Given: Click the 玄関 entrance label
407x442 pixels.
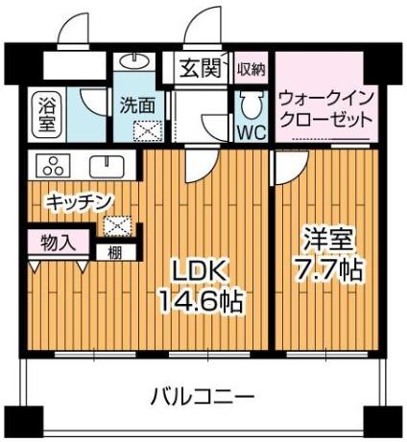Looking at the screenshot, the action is (201, 68).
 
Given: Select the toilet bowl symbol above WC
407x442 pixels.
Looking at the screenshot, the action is (251, 104).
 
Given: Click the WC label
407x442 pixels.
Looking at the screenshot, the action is (251, 131).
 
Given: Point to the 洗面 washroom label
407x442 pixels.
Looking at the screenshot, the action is (138, 105).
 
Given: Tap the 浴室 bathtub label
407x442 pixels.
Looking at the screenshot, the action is (47, 115).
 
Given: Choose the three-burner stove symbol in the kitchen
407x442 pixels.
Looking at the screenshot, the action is (53, 165).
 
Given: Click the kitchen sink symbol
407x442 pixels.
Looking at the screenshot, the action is (107, 166).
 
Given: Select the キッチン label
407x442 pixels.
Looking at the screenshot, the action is (79, 201).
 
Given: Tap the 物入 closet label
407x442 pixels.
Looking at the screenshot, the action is (59, 244).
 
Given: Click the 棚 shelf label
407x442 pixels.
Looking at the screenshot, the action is (114, 253).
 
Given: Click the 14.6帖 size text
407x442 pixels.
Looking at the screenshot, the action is (201, 301).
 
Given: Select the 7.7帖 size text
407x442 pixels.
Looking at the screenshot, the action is (328, 270).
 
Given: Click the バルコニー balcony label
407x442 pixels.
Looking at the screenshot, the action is (203, 397).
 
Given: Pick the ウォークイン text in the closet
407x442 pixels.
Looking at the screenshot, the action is (326, 99).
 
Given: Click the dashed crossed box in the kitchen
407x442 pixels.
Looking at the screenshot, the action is (117, 226).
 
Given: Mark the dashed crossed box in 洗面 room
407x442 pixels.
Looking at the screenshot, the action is (148, 131).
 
